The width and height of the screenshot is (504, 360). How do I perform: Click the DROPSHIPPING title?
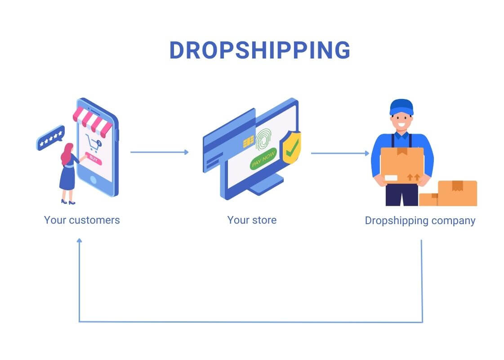[x=259, y=50]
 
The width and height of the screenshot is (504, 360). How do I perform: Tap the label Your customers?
[x=82, y=220]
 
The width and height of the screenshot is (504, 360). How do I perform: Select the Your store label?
[x=252, y=220]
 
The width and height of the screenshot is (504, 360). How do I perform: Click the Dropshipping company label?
[x=420, y=221]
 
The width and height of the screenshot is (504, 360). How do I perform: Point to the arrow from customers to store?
[x=159, y=152]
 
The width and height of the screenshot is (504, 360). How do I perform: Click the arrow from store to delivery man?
[x=340, y=153]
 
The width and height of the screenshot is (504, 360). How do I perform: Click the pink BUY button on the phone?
[x=93, y=158]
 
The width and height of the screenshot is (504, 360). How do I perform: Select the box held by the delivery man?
[x=401, y=165]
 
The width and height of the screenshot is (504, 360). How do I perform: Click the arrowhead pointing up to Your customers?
[x=79, y=241]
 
